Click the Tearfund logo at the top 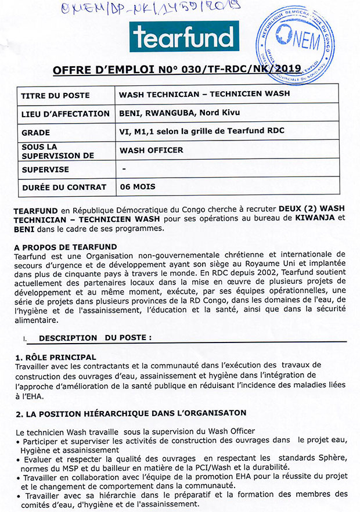tap(185, 37)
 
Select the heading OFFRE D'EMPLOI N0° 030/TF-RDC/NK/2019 tap(177, 70)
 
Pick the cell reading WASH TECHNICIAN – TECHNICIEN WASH tap(204, 94)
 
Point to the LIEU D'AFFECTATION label tap(66, 114)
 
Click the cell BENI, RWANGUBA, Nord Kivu tap(180, 113)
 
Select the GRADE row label tap(36, 132)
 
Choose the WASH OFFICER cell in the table tap(152, 150)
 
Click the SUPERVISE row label tap(45, 170)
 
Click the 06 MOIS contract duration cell tap(138, 187)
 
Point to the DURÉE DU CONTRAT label tap(64, 188)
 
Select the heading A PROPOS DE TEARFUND tap(66, 247)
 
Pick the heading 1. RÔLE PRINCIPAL tap(55, 356)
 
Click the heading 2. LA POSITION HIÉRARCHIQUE tap(131, 413)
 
